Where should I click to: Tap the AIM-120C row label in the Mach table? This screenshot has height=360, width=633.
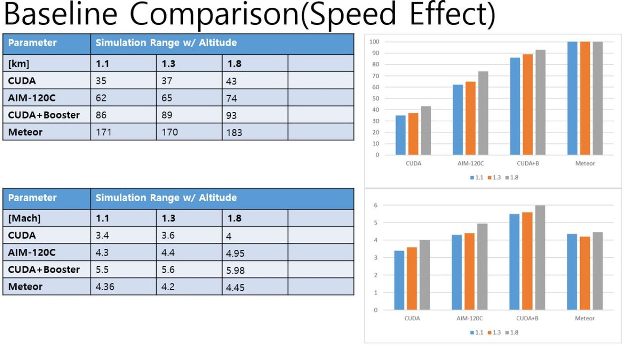[32, 252]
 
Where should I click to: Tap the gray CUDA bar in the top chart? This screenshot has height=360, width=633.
[426, 131]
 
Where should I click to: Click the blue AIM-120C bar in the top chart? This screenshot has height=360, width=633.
[458, 120]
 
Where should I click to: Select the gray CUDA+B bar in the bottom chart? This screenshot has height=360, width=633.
[540, 258]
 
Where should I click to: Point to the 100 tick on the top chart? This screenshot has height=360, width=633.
[374, 42]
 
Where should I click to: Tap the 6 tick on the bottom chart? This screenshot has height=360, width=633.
[376, 205]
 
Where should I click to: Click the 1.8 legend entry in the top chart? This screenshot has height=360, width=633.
[511, 178]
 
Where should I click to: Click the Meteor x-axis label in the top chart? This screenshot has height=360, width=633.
[585, 164]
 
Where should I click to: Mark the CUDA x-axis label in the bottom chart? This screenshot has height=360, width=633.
[412, 318]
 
